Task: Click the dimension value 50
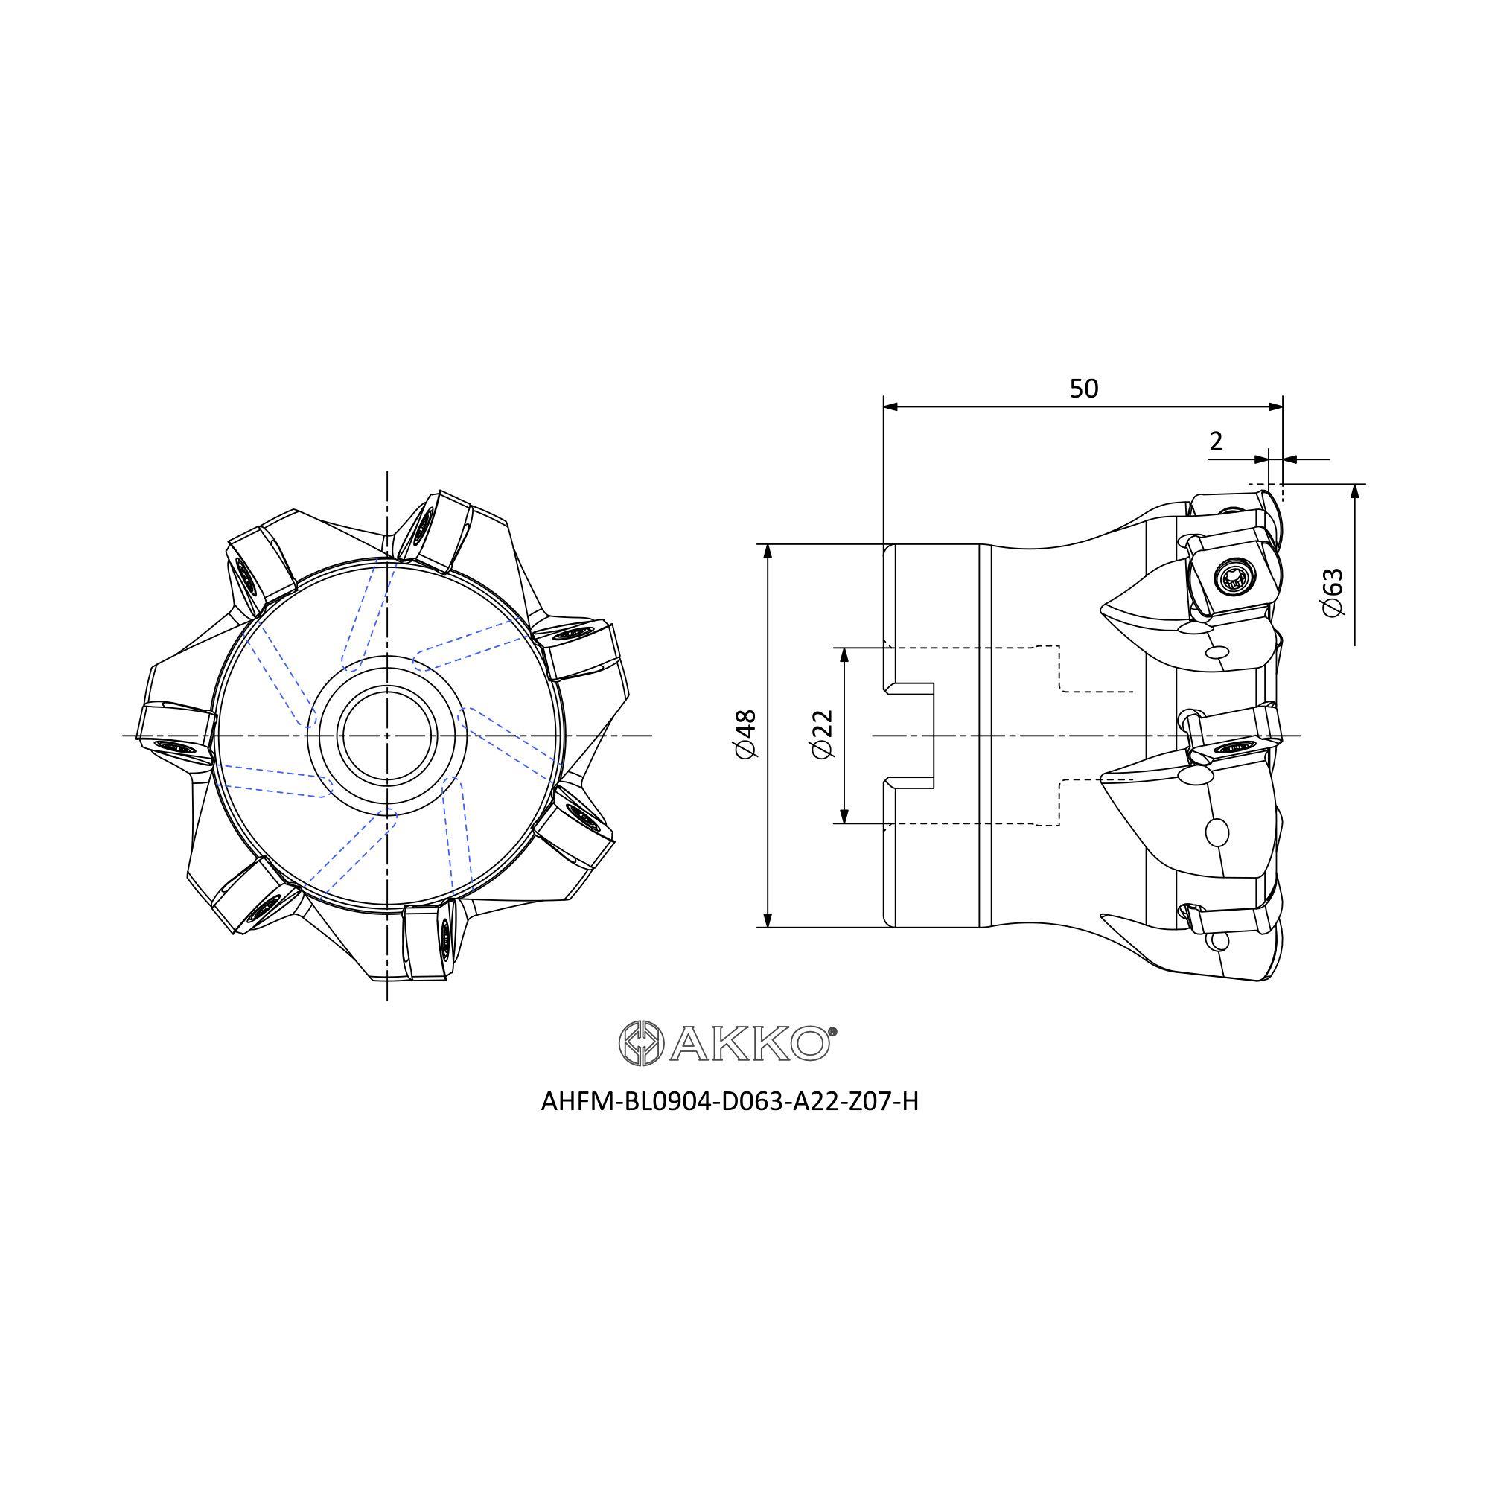click(1083, 389)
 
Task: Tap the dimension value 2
click(1217, 441)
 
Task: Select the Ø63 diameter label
click(1333, 592)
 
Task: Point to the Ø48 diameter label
click(745, 735)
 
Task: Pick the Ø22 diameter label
click(823, 735)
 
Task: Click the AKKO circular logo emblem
click(641, 1044)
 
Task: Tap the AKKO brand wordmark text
click(750, 1045)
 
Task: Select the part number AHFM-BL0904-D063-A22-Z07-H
click(730, 1101)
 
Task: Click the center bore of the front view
click(387, 736)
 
